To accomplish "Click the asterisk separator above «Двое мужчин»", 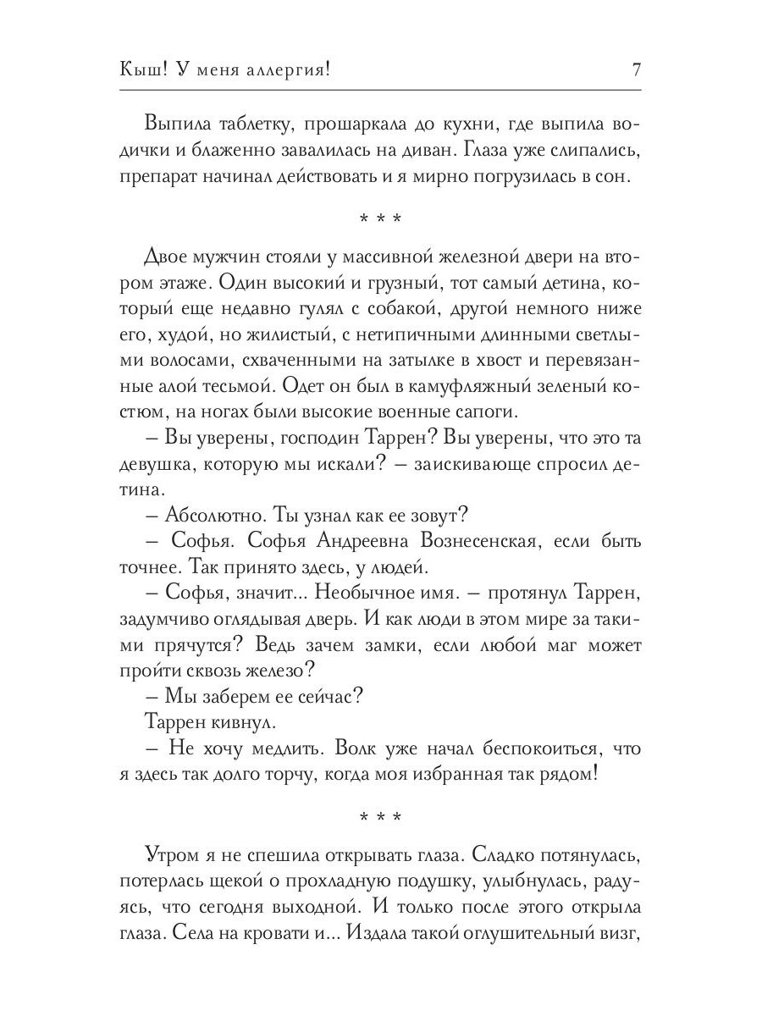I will point(380,220).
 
